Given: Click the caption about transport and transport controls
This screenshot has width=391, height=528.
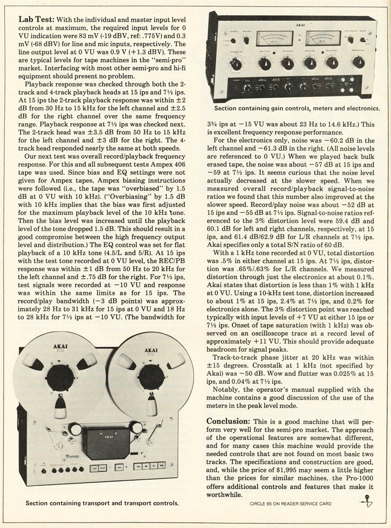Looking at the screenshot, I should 101,501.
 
